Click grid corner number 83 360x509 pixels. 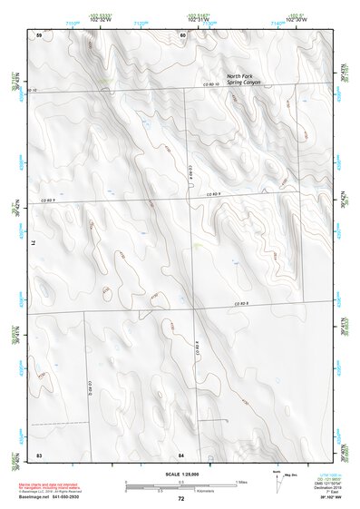(39, 453)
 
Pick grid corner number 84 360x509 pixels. (181, 453)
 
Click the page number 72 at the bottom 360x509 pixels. (180, 499)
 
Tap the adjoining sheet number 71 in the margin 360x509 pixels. (37, 243)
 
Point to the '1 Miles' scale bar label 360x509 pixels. (242, 482)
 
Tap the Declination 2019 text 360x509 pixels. (326, 485)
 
